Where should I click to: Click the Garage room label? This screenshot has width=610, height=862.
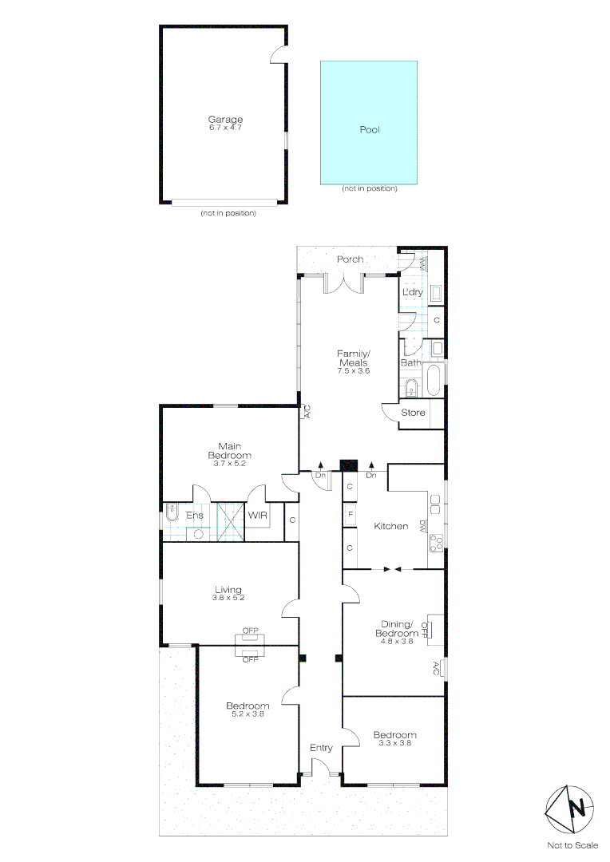click(225, 120)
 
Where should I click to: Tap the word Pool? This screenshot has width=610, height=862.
click(369, 129)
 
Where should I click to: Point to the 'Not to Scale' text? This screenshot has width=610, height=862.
click(572, 845)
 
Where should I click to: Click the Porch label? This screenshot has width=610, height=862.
click(350, 259)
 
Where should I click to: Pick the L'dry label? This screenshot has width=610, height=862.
click(412, 293)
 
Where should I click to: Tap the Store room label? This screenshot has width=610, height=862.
click(413, 413)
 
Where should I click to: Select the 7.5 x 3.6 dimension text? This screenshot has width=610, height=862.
click(352, 371)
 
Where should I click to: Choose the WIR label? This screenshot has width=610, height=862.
click(258, 516)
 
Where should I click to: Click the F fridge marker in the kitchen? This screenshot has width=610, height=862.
click(350, 515)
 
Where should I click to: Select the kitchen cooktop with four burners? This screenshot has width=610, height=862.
click(437, 544)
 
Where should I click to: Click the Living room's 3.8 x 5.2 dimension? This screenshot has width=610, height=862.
click(228, 598)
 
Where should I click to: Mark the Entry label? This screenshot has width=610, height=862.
click(321, 748)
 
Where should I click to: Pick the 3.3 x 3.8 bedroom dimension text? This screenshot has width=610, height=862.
click(394, 744)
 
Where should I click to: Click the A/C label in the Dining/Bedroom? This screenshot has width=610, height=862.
click(435, 668)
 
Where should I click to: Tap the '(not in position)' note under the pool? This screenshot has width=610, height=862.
click(369, 188)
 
